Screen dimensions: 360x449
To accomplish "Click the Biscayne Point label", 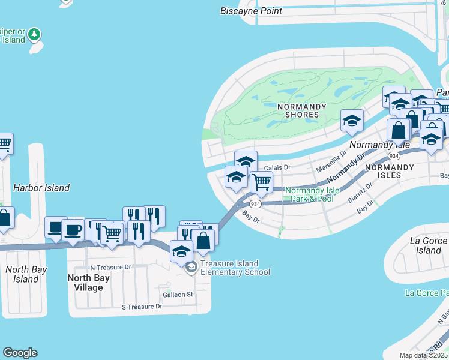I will click(x=251, y=11).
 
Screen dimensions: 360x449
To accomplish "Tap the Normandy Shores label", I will click(x=302, y=110).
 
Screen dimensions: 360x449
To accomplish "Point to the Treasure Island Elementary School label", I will click(x=229, y=268).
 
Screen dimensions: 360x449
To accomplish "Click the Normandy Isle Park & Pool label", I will click(x=309, y=194).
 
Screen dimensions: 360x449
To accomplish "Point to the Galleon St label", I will click(x=178, y=295).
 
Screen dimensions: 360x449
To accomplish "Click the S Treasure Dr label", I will click(x=142, y=307).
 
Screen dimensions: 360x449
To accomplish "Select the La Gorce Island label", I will click(x=429, y=245).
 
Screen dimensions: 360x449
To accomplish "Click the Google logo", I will click(x=20, y=353).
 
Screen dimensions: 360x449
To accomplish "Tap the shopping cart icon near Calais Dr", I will click(x=261, y=181).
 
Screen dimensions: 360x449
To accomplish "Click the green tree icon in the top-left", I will click(x=35, y=34).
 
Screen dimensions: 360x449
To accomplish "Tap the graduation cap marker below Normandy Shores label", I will click(x=351, y=120).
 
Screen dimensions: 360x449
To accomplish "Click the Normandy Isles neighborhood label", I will click(x=390, y=172).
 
